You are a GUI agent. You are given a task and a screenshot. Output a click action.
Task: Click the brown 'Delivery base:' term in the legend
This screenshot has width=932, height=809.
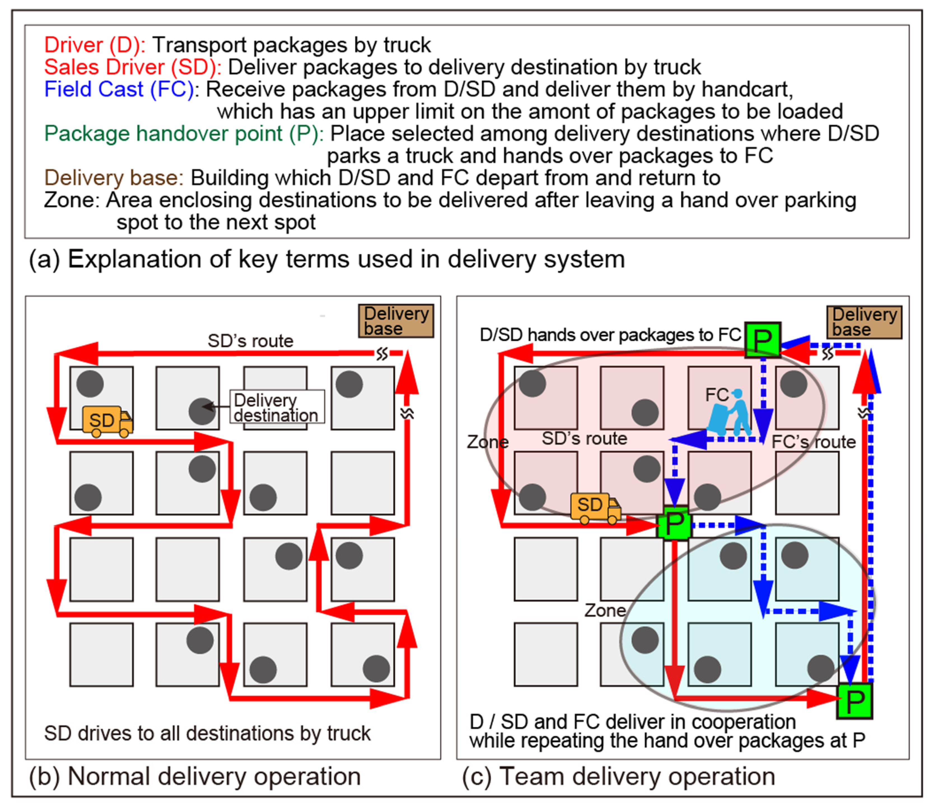(x=113, y=178)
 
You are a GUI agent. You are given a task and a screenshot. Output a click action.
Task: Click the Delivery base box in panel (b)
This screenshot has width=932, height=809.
(x=395, y=321)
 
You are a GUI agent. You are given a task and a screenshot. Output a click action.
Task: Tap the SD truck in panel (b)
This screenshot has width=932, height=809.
(x=107, y=421)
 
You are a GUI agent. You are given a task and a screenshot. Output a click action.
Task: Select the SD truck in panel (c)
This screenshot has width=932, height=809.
(x=595, y=507)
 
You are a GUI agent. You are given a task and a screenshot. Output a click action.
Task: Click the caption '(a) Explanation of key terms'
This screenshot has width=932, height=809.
(x=327, y=259)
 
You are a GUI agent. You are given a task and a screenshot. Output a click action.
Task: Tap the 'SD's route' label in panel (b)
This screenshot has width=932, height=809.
(x=250, y=341)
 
